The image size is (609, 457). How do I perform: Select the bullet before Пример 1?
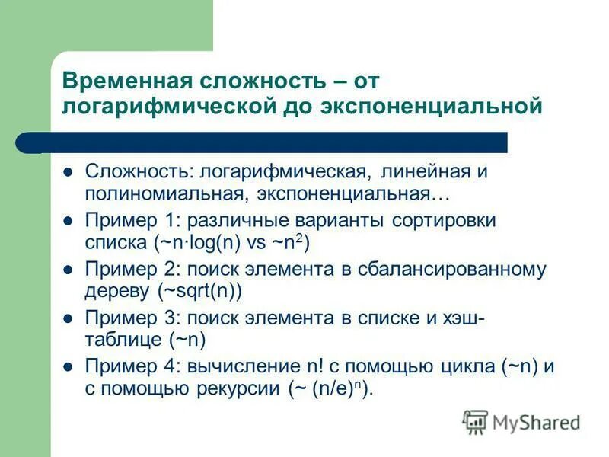(x=68, y=221)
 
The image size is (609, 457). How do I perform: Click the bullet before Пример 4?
(x=68, y=366)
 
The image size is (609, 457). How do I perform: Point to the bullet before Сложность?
(x=68, y=172)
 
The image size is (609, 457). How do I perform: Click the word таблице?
(x=121, y=340)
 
